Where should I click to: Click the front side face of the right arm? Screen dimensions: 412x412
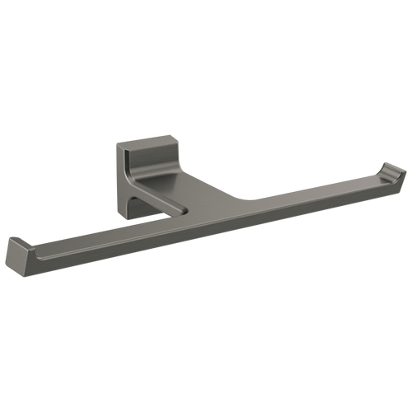[x=313, y=203]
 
